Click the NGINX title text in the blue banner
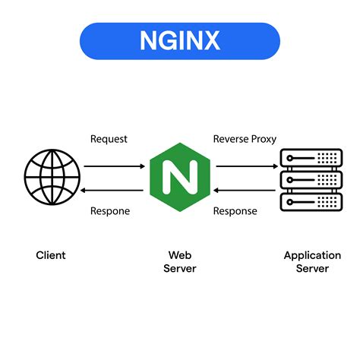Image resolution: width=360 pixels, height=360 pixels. (179, 40)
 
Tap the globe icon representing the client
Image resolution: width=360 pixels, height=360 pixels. (51, 177)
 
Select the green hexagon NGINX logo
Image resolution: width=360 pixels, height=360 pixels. (180, 177)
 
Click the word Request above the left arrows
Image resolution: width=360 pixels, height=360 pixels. (109, 139)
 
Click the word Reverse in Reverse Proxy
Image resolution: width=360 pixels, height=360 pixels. (231, 139)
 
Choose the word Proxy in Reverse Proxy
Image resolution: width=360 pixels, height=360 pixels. (264, 139)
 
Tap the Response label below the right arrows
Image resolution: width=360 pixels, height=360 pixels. (235, 211)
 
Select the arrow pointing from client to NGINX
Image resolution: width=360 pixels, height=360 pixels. (113, 165)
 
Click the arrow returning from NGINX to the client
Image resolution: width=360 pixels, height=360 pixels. (113, 190)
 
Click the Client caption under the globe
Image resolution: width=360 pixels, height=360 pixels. (51, 255)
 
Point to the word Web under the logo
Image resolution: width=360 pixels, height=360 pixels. (180, 255)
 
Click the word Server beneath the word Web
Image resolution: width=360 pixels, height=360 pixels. (180, 269)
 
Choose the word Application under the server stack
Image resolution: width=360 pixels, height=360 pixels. (312, 255)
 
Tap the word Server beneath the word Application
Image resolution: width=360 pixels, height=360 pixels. (312, 269)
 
